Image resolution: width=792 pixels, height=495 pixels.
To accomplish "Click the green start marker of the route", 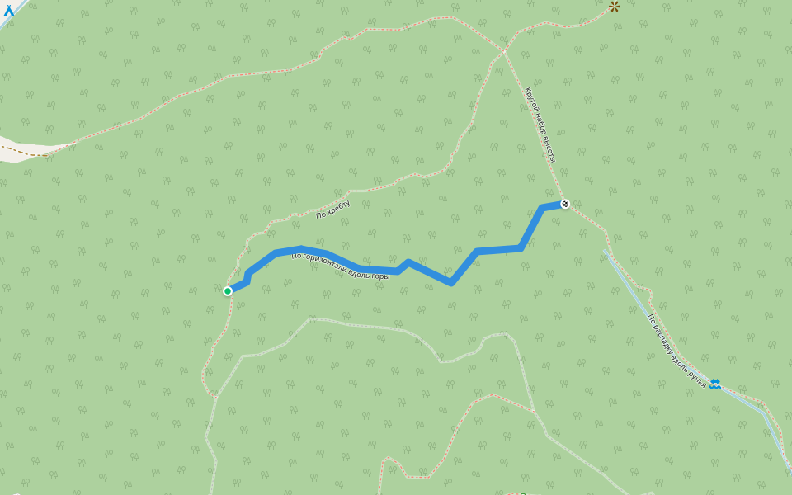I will [x=228, y=290].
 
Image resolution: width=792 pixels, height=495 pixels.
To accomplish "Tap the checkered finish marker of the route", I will [x=565, y=204].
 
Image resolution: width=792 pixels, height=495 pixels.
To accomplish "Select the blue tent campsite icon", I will [x=9, y=11].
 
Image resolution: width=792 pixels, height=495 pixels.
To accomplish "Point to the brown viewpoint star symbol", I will [x=615, y=7].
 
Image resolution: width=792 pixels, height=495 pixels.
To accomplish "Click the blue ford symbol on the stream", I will [x=714, y=384].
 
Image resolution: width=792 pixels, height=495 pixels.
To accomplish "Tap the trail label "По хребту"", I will [x=333, y=210].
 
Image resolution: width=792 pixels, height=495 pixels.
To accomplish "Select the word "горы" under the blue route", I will [x=380, y=275].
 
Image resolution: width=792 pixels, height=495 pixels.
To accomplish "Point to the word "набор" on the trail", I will [x=540, y=125].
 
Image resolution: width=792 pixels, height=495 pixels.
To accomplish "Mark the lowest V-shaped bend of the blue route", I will [x=450, y=283].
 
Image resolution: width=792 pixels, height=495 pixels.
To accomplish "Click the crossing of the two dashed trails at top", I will [x=502, y=52].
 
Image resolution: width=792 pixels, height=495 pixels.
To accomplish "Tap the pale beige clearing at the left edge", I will [x=25, y=149].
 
